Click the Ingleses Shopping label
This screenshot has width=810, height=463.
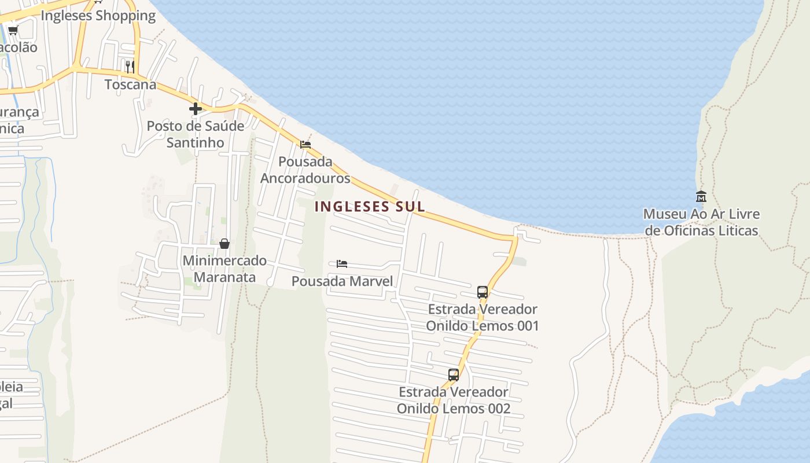(98, 16)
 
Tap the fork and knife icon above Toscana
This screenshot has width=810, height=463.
(130, 66)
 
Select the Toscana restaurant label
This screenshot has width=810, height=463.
(130, 84)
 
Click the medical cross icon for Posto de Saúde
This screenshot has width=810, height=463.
(196, 108)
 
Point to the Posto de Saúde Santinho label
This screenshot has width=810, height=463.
(195, 134)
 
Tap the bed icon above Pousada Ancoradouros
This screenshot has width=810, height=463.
(305, 144)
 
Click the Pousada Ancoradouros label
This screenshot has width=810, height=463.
(305, 170)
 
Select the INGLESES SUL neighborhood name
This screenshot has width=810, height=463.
(370, 207)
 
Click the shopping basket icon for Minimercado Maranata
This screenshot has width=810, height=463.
(224, 244)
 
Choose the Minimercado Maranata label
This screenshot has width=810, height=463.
(224, 269)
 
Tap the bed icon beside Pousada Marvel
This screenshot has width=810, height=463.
(342, 264)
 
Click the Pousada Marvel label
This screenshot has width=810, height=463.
(342, 281)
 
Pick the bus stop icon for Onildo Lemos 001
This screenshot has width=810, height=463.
(483, 292)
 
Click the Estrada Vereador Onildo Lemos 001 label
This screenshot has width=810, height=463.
(483, 317)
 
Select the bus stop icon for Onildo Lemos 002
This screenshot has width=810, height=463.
(454, 374)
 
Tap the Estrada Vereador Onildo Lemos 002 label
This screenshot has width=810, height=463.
(454, 400)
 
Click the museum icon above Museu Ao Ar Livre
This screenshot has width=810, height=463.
(701, 196)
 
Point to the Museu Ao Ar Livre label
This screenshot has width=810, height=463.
(701, 222)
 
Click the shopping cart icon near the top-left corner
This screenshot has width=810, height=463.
(13, 30)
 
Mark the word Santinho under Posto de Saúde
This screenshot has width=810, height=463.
(195, 142)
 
